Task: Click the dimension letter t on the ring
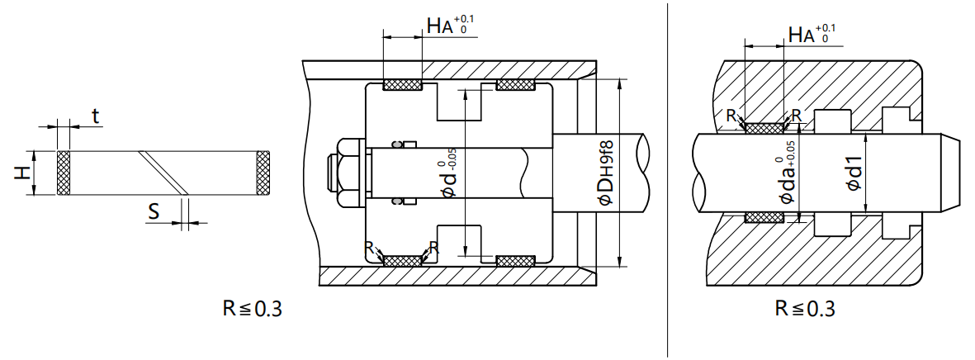(95, 116)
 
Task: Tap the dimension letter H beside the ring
(22, 173)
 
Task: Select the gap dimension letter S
(154, 212)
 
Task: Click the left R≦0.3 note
(253, 308)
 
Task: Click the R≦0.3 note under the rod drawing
(805, 308)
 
